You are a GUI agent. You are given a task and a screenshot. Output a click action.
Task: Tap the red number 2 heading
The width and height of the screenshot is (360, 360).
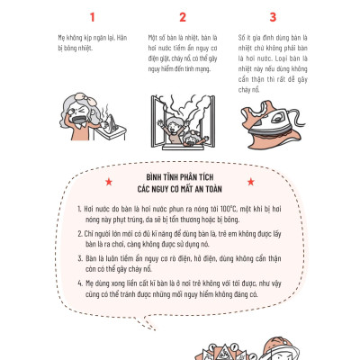(x=183, y=16)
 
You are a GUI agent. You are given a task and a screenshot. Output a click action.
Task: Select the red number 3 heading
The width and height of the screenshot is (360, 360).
(x=273, y=16)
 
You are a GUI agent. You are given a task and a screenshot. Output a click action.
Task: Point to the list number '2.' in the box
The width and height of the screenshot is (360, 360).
(x=98, y=233)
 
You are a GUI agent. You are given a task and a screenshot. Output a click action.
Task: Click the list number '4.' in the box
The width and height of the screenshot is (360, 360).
(x=98, y=283)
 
